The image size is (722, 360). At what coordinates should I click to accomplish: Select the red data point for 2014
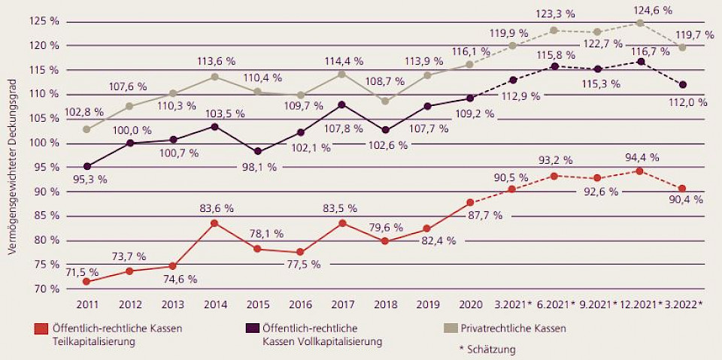click(214, 223)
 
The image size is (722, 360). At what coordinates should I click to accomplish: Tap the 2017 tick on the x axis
click(342, 304)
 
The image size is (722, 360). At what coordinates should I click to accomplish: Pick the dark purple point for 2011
click(86, 166)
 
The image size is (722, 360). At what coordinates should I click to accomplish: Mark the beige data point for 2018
click(385, 101)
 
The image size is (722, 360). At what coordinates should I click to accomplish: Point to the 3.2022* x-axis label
click(683, 304)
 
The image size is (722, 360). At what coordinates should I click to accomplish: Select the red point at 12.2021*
click(640, 171)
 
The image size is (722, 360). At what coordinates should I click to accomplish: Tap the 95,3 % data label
click(89, 180)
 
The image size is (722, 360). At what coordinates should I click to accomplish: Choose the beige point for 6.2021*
click(555, 31)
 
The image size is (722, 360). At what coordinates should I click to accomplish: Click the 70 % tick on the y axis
click(47, 289)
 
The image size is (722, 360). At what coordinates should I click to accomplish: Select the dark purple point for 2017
click(342, 104)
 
